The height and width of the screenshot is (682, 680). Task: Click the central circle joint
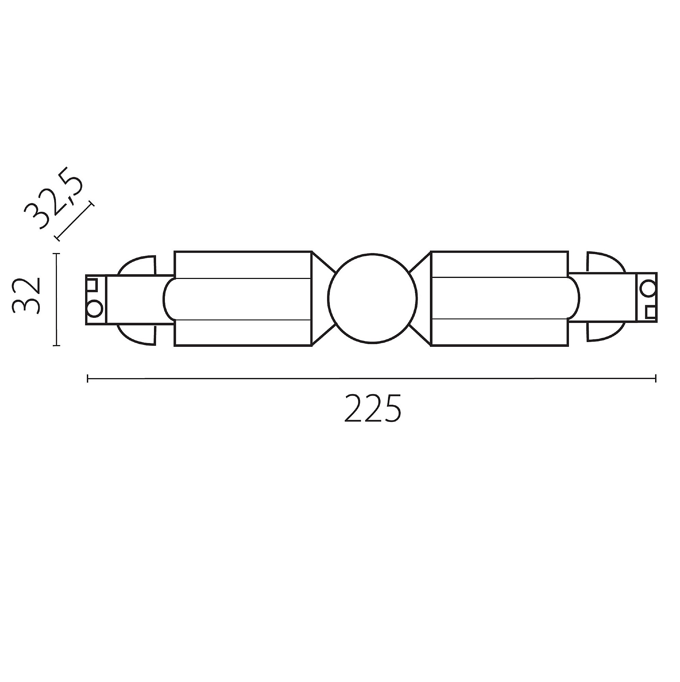372,298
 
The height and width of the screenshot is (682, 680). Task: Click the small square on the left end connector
92,284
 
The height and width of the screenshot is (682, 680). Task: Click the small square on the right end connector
650,312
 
